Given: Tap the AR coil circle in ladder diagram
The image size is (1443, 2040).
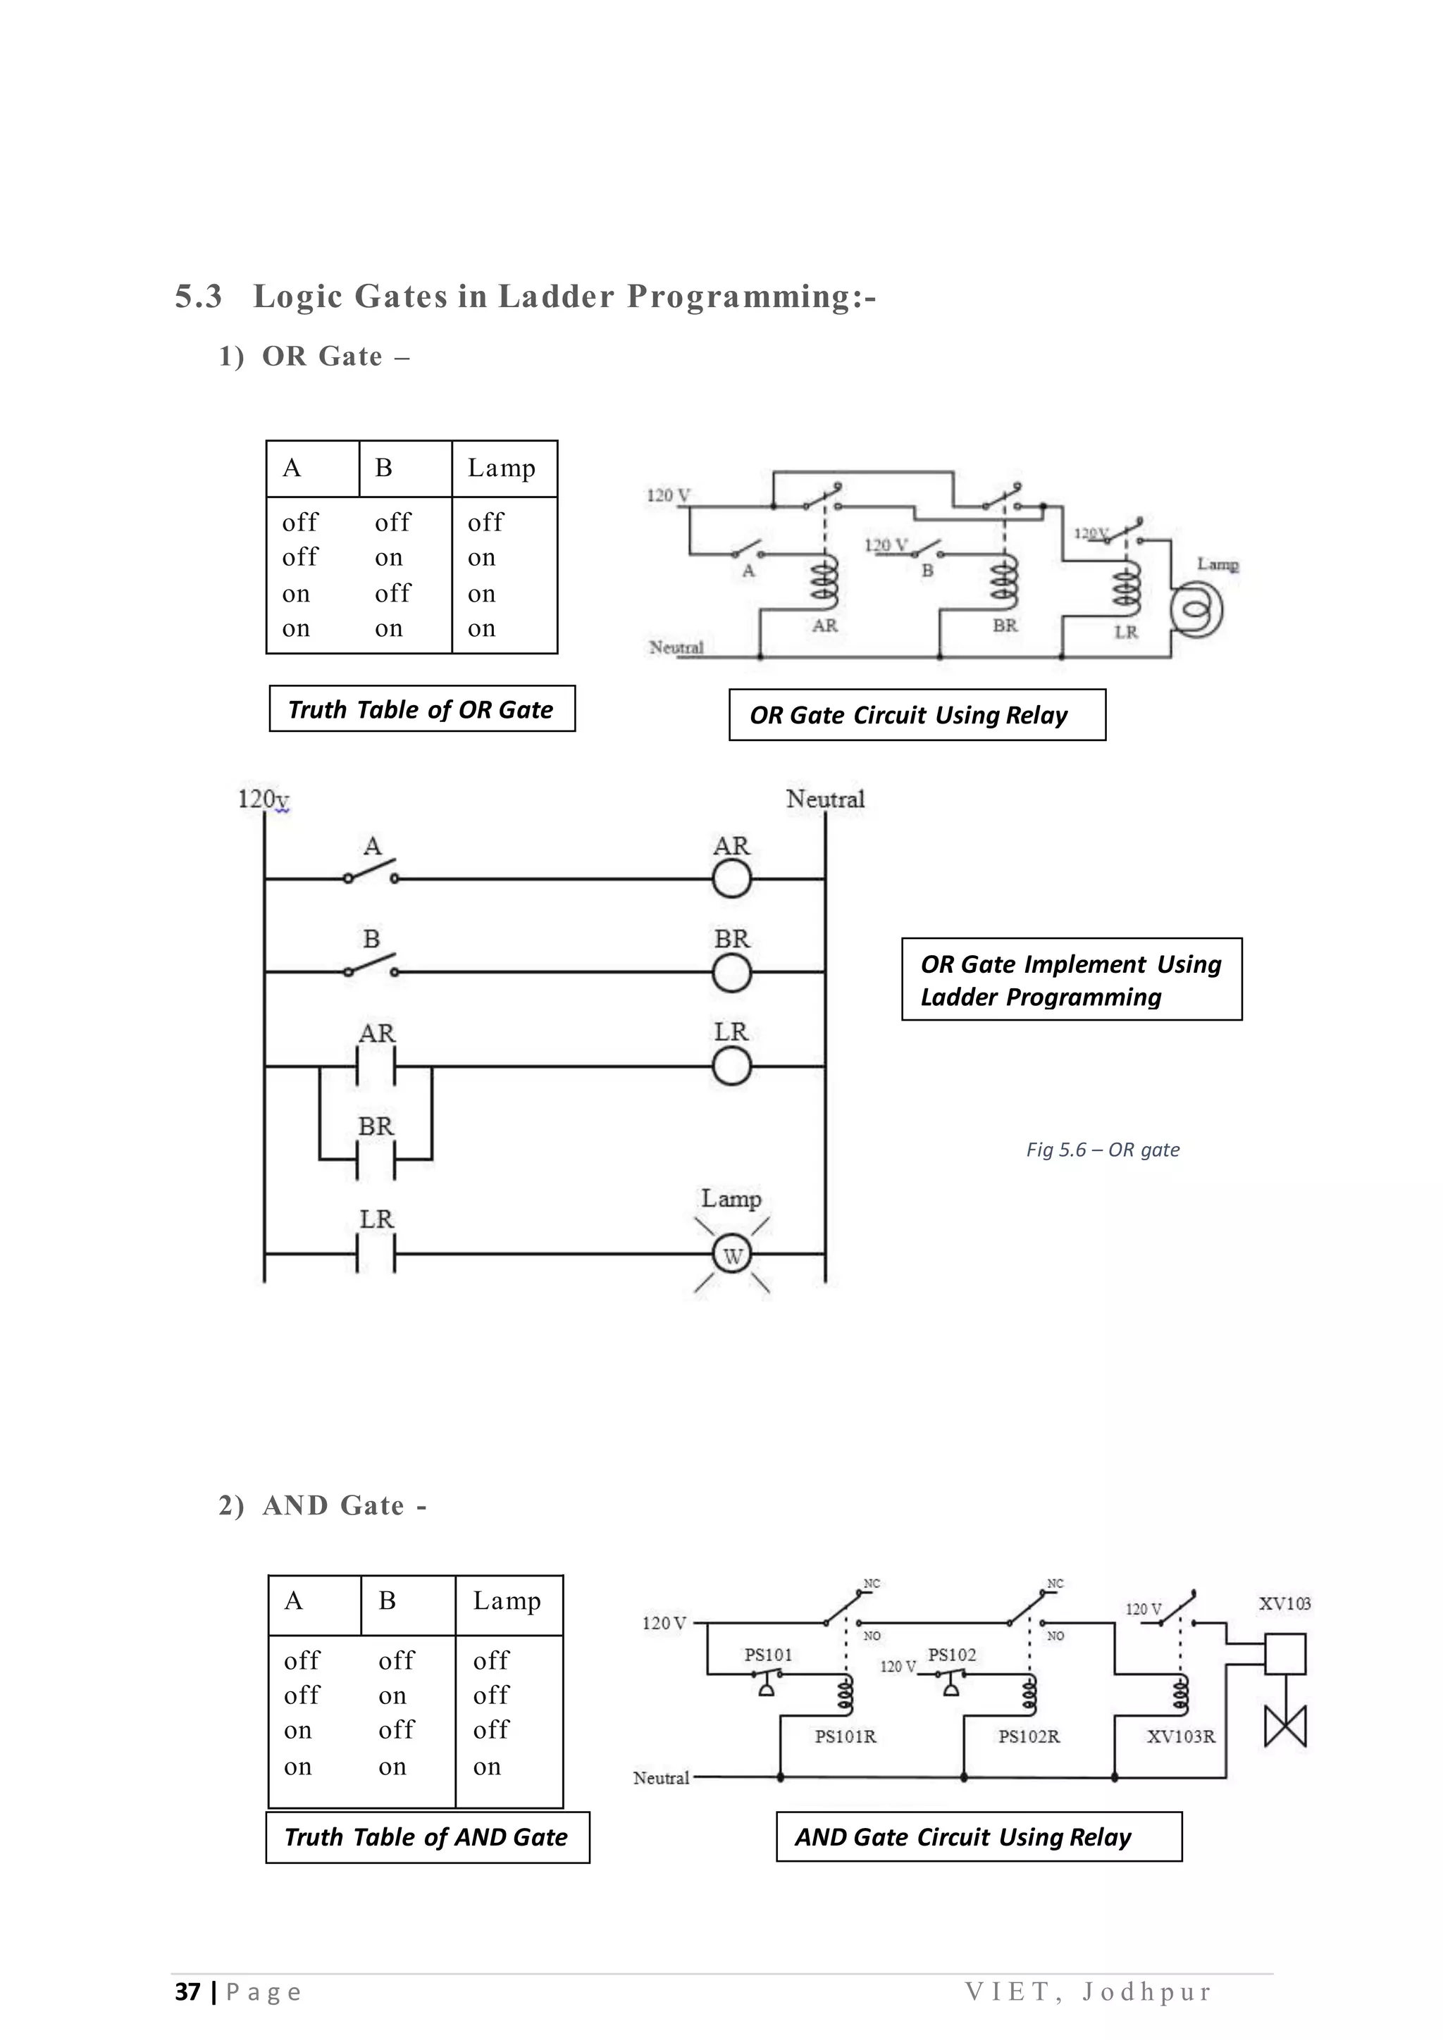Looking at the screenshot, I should coord(731,880).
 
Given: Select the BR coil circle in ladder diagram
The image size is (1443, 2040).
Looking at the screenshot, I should coord(731,973).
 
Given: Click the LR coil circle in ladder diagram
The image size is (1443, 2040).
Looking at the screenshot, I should coord(731,1066).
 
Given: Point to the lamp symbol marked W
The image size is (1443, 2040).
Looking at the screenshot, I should coord(732,1255).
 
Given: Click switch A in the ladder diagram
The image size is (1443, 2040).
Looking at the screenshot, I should coord(371,871).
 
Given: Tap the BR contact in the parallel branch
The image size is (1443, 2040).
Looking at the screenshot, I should coord(376,1159).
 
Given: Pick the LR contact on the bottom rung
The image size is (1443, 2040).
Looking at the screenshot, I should coord(376,1254).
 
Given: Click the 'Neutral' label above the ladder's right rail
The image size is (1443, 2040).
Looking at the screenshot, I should coord(824,799).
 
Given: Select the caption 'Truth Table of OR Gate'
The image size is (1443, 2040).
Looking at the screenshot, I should coord(421,709).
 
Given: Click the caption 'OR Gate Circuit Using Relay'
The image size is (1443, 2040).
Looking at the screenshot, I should coord(908,715).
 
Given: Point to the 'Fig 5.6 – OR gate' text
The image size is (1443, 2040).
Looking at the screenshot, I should coord(1103,1150).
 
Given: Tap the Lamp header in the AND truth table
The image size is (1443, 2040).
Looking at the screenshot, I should coord(507,1601).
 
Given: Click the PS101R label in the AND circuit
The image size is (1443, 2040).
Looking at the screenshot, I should coord(845,1736).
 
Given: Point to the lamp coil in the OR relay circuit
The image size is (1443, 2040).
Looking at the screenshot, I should coord(1196,611).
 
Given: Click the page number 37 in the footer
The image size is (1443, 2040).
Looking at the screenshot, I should coord(187,1992).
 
